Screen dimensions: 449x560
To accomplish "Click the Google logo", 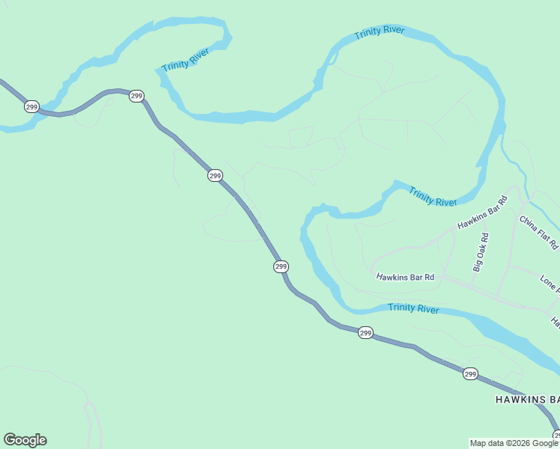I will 25,440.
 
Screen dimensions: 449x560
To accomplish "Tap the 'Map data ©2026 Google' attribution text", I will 514,443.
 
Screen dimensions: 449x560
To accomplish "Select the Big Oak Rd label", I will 481,251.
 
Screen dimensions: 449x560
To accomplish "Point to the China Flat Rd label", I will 539,232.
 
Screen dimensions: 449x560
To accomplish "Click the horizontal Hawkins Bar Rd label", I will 406,277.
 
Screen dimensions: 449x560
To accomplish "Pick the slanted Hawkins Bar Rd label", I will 483,212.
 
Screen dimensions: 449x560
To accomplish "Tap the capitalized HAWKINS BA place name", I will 527,400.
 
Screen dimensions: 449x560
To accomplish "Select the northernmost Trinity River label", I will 380,32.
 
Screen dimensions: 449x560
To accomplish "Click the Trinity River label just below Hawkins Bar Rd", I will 413,308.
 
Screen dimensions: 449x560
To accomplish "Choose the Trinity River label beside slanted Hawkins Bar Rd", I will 433,198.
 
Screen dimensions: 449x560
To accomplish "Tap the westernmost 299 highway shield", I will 31,106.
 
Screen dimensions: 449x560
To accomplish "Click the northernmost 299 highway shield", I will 136,96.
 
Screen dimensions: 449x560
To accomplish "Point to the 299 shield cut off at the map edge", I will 556,436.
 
